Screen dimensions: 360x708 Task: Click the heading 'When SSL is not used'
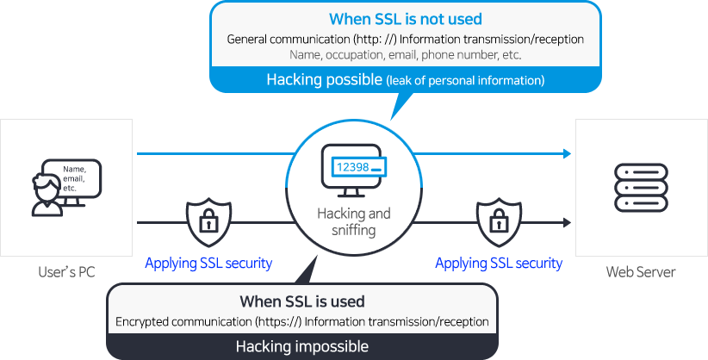(405, 19)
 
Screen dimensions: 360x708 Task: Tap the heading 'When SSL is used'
(301, 301)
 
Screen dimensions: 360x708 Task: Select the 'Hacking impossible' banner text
(301, 347)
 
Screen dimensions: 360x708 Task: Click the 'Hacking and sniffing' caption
(353, 221)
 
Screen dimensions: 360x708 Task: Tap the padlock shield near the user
(207, 222)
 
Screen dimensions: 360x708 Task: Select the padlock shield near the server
(497, 222)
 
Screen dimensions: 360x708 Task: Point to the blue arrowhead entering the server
(565, 153)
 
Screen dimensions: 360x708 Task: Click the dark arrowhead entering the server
(565, 222)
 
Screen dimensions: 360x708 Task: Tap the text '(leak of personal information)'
(465, 81)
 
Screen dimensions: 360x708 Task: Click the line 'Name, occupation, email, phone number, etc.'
(405, 54)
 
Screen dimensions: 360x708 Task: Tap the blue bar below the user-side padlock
(208, 264)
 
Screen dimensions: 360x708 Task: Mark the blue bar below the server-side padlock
(499, 264)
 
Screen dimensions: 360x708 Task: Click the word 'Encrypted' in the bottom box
(141, 322)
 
